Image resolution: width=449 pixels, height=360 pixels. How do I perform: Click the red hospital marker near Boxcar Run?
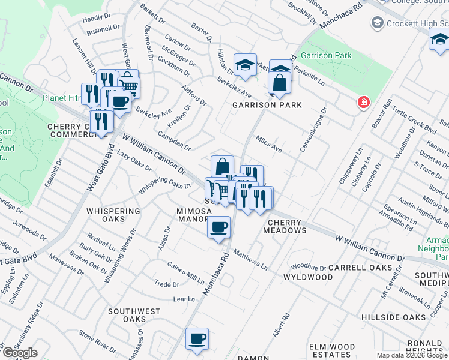point(363,102)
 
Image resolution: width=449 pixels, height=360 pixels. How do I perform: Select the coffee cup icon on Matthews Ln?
point(218,227)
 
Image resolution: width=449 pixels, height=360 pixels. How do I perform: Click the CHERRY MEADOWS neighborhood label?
point(286,226)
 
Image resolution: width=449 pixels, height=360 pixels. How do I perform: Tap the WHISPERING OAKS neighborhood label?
point(113,215)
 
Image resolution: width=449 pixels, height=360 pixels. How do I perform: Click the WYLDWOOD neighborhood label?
point(308,277)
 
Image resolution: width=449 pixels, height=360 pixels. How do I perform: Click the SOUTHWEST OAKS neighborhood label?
point(134,316)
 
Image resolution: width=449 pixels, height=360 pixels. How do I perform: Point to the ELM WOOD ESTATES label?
point(331,351)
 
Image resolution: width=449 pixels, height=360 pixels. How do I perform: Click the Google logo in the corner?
point(20,353)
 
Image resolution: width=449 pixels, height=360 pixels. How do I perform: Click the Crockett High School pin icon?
point(378,23)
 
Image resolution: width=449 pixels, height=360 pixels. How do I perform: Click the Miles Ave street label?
point(268,145)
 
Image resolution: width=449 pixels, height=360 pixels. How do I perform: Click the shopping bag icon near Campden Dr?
point(222,166)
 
